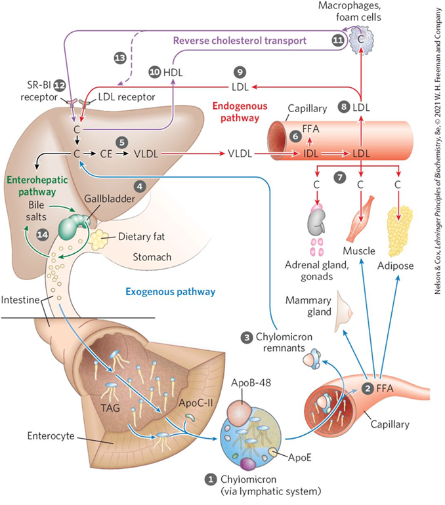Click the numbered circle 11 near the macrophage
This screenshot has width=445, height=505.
pos(337,41)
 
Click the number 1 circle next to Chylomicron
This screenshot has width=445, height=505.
pos(210,479)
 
